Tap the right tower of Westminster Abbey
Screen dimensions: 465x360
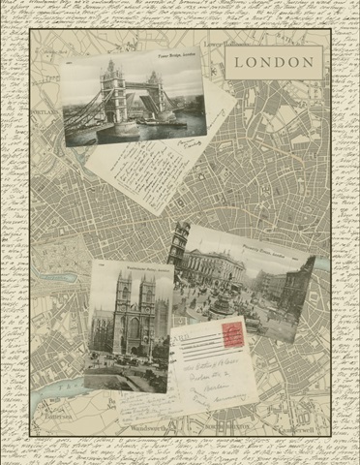tap(147, 300)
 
